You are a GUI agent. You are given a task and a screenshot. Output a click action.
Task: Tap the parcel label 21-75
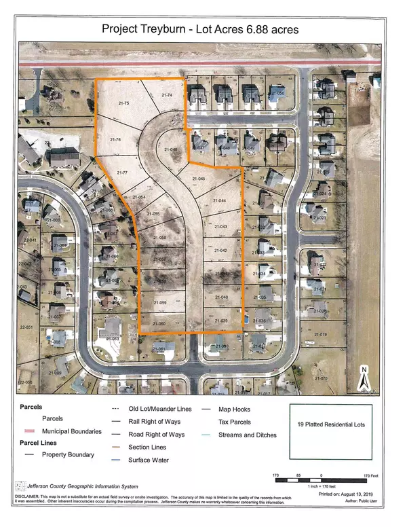122,103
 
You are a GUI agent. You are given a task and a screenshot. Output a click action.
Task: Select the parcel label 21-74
168,96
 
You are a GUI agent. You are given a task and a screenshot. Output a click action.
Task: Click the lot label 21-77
122,173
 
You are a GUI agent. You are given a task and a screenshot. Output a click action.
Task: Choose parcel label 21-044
218,202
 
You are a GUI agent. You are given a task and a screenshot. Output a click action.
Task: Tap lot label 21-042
218,251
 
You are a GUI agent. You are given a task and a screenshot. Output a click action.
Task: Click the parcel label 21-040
222,298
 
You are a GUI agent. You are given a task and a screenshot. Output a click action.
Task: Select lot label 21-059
160,302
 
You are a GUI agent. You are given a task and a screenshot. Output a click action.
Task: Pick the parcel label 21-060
159,324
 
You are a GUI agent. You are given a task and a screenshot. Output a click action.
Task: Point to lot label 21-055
152,214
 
